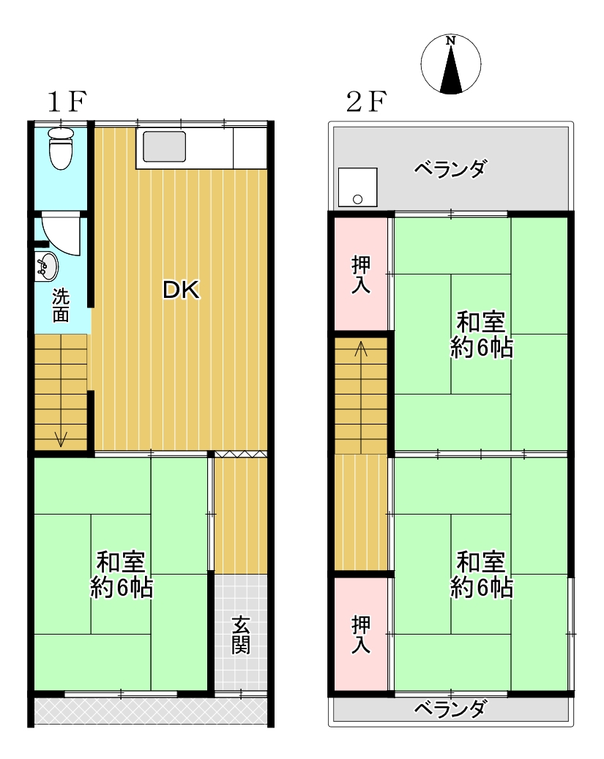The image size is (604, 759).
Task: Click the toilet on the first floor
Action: click(61, 148)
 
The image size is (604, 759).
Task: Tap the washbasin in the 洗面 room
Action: click(47, 266)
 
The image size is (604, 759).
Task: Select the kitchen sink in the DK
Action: click(164, 146)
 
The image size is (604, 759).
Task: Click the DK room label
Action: click(181, 290)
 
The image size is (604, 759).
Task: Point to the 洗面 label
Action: click(61, 306)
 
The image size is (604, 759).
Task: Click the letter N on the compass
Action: click(450, 41)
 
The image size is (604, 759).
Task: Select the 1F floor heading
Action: click(67, 102)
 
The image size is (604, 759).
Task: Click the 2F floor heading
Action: click(366, 102)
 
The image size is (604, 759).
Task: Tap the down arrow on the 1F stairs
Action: click(61, 438)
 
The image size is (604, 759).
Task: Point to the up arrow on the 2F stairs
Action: click(361, 349)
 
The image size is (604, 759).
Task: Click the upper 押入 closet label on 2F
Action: click(361, 274)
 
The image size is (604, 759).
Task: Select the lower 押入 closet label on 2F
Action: click(361, 635)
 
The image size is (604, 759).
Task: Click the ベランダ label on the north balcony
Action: click(450, 169)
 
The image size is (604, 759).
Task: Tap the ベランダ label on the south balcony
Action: click(450, 709)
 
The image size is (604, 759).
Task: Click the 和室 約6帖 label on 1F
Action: click(122, 575)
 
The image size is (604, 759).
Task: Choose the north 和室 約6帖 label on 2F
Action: click(482, 334)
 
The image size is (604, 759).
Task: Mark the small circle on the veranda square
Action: click(357, 199)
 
